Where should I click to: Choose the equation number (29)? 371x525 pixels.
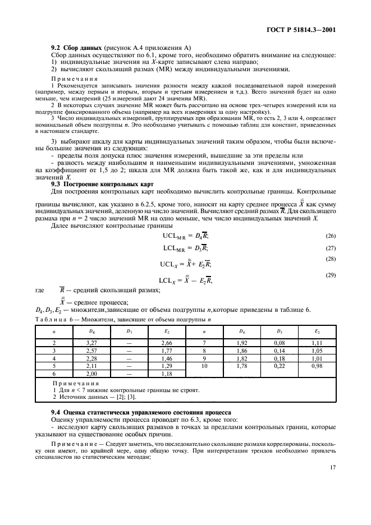click(331, 275)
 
